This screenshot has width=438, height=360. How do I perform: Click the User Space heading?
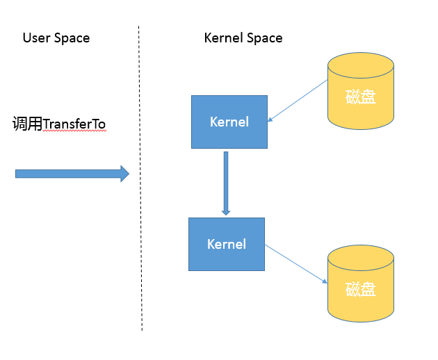[x=56, y=38]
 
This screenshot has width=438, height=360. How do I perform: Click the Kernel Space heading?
[x=243, y=38]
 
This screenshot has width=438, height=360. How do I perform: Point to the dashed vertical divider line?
[x=140, y=208]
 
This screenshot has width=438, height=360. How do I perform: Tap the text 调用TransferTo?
[x=59, y=124]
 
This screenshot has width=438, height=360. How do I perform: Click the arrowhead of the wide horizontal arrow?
[x=125, y=174]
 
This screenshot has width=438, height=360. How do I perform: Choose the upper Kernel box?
[x=229, y=122]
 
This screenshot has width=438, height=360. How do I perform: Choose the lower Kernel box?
[x=227, y=244]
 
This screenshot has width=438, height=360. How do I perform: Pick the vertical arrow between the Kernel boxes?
[x=226, y=181]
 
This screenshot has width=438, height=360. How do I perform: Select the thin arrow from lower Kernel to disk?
[x=295, y=263]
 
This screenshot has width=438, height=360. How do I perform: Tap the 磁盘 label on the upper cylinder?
[x=361, y=97]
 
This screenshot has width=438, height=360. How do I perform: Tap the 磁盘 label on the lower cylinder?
[x=361, y=289]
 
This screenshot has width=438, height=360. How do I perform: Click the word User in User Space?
[x=35, y=38]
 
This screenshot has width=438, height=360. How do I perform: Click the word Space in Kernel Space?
[x=265, y=38]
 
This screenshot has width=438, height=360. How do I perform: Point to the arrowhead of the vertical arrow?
[x=226, y=210]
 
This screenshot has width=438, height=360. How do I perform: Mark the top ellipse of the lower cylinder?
[x=361, y=256]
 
